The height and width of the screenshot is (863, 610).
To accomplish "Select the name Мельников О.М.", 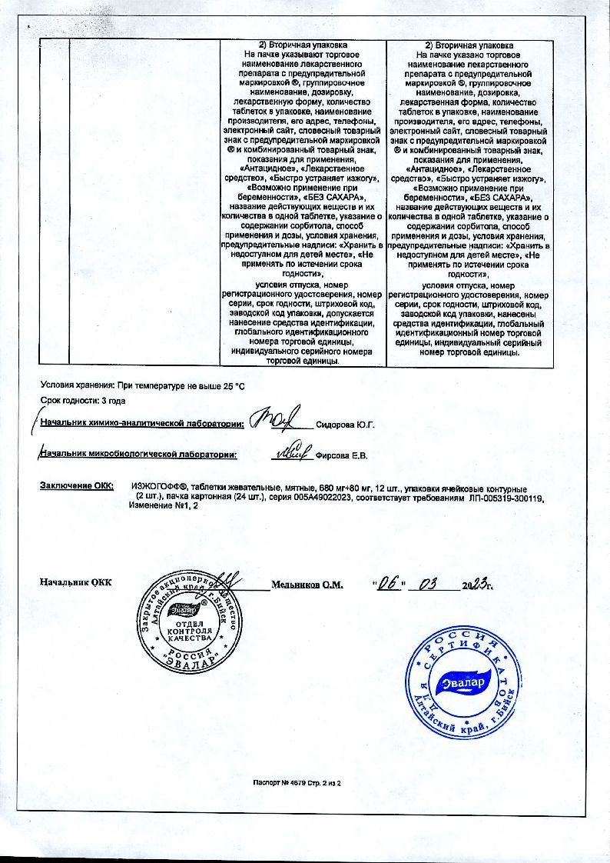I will click(x=307, y=585).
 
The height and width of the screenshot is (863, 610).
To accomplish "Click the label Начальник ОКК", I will click(x=75, y=583).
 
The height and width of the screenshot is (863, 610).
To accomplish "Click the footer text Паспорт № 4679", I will click(x=282, y=783).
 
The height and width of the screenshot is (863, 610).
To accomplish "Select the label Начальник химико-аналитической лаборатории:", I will click(x=141, y=423).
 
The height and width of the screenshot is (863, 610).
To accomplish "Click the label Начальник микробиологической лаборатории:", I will click(x=138, y=455).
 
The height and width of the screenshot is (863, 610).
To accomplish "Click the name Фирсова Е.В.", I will click(x=342, y=455).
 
